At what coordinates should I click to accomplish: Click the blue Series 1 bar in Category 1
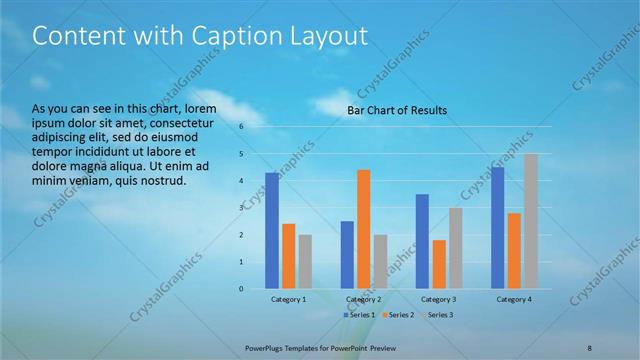click(272, 231)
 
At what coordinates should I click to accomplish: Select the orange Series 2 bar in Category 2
click(363, 229)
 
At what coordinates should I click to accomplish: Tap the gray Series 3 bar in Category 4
click(530, 221)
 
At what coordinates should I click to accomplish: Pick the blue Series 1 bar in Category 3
click(422, 242)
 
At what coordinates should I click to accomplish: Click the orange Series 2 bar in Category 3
click(438, 264)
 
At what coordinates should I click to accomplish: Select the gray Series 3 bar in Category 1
click(305, 262)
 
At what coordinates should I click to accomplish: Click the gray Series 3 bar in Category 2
click(380, 262)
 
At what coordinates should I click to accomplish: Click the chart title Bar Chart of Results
click(397, 110)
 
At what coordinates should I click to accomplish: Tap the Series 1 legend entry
click(359, 315)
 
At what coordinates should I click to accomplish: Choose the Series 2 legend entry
click(397, 315)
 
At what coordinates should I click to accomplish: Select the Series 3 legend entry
click(436, 315)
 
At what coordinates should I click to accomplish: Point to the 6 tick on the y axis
click(241, 127)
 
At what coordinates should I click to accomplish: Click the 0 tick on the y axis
click(241, 289)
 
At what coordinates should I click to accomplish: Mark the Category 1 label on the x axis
click(289, 299)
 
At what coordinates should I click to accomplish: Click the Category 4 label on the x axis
click(514, 299)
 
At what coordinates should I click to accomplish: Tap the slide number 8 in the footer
click(589, 346)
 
